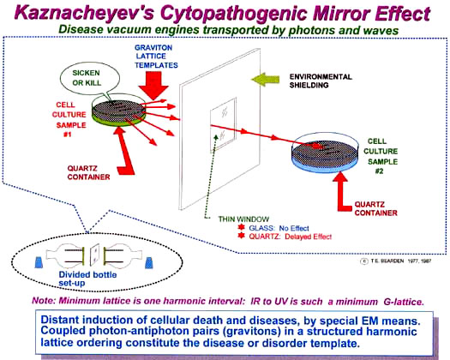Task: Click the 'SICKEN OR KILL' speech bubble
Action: click(x=86, y=77)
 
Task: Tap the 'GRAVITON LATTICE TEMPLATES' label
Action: click(x=156, y=57)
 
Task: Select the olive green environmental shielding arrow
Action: click(x=266, y=79)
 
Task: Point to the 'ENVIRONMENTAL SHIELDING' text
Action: click(x=321, y=81)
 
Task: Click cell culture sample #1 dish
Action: click(x=118, y=110)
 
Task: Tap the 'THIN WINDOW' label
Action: click(x=243, y=219)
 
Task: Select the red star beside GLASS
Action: click(x=242, y=227)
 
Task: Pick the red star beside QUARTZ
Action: click(x=242, y=236)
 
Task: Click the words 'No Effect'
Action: click(x=294, y=228)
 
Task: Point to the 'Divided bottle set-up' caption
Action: click(x=87, y=279)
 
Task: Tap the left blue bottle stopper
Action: click(x=39, y=262)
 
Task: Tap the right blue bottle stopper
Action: click(x=148, y=262)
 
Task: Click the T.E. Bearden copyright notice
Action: click(x=396, y=261)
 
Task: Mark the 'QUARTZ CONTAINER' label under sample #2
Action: click(x=376, y=208)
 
